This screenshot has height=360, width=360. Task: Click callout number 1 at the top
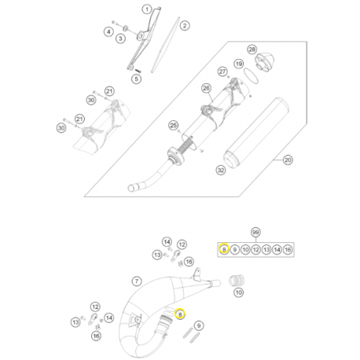pos(144,7)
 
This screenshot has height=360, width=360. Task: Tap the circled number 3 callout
pos(120,38)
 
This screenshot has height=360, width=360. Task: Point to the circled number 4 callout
pos(108,31)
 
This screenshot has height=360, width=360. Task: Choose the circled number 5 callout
pos(136,79)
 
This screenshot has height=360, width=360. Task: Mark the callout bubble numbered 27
pos(222,72)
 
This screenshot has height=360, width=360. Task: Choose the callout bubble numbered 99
pos(255,233)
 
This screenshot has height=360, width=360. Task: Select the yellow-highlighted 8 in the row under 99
pos(224,249)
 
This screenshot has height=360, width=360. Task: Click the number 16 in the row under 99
pos(288,249)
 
